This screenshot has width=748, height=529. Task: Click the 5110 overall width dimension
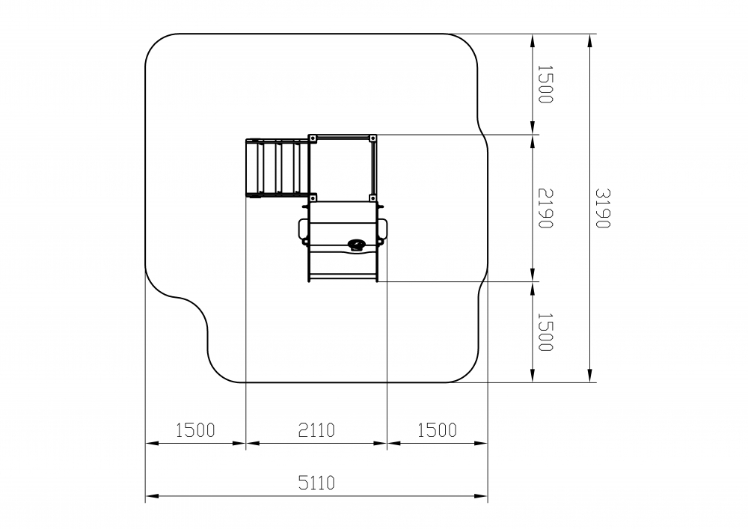pyautogui.click(x=316, y=483)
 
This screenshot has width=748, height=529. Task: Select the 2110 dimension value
pyautogui.click(x=316, y=430)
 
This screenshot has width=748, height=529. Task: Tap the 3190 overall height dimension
pyautogui.click(x=603, y=209)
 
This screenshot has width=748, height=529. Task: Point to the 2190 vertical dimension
pyautogui.click(x=545, y=209)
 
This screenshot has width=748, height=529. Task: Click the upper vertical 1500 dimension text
pyautogui.click(x=545, y=84)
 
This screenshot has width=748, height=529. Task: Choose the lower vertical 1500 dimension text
pyautogui.click(x=545, y=332)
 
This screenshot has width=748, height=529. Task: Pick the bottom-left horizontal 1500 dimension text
pyautogui.click(x=195, y=430)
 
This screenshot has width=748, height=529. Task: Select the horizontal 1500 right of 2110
pyautogui.click(x=437, y=430)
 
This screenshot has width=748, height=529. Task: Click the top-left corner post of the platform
pyautogui.click(x=313, y=138)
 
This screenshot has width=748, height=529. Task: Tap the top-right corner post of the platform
pyautogui.click(x=373, y=138)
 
